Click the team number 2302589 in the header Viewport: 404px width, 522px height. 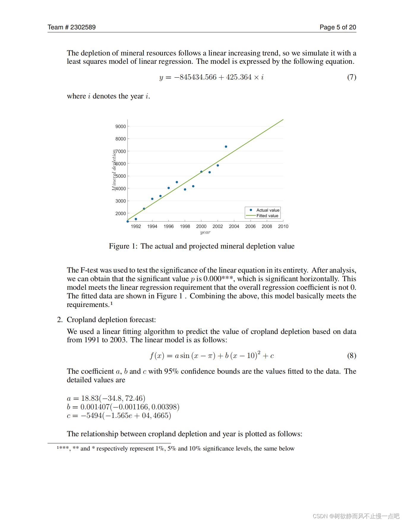point(83,27)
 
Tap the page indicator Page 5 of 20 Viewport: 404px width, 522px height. point(338,27)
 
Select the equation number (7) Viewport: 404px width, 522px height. point(352,77)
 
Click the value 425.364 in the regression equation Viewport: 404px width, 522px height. point(239,77)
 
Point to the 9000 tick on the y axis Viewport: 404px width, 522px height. point(121,126)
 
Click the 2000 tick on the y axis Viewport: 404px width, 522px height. point(121,214)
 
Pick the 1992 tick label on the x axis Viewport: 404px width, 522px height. point(136,226)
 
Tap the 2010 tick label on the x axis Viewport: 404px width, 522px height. point(283,226)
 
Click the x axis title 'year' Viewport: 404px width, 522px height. point(205,232)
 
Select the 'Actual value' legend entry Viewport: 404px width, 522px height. point(268,210)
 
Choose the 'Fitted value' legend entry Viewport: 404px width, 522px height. point(267,216)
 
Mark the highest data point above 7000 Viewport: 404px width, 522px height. point(226,147)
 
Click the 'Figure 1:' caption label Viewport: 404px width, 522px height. point(123,246)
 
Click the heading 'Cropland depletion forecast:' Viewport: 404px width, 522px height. point(111,320)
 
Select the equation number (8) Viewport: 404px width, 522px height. point(352,356)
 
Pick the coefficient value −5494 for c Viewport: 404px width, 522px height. point(91,416)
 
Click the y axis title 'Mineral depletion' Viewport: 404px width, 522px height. point(114,170)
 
